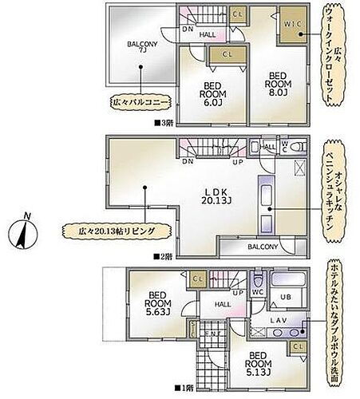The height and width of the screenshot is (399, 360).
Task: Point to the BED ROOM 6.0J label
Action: pyautogui.click(x=212, y=93)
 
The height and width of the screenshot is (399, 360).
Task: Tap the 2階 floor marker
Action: pyautogui.click(x=164, y=255)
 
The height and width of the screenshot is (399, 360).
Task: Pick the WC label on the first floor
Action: pyautogui.click(x=259, y=291)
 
